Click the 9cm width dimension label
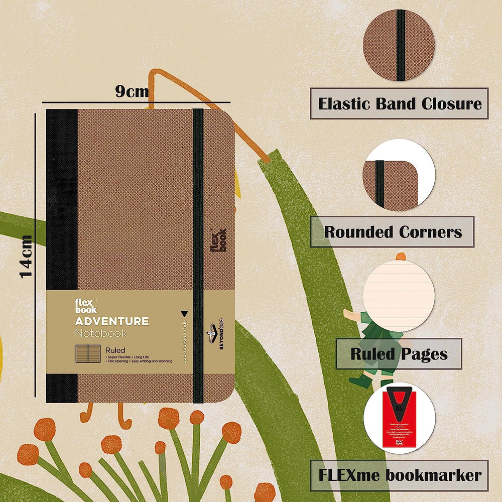coord(132,92)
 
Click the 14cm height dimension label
coord(26,256)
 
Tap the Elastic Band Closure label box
coord(399,104)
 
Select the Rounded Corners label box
coord(392,232)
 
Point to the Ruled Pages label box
coord(399,353)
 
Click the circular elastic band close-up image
coord(399,45)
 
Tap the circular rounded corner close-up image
coord(399,174)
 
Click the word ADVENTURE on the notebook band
coord(111,321)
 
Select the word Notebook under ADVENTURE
coord(100,333)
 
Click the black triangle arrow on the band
coord(184,312)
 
